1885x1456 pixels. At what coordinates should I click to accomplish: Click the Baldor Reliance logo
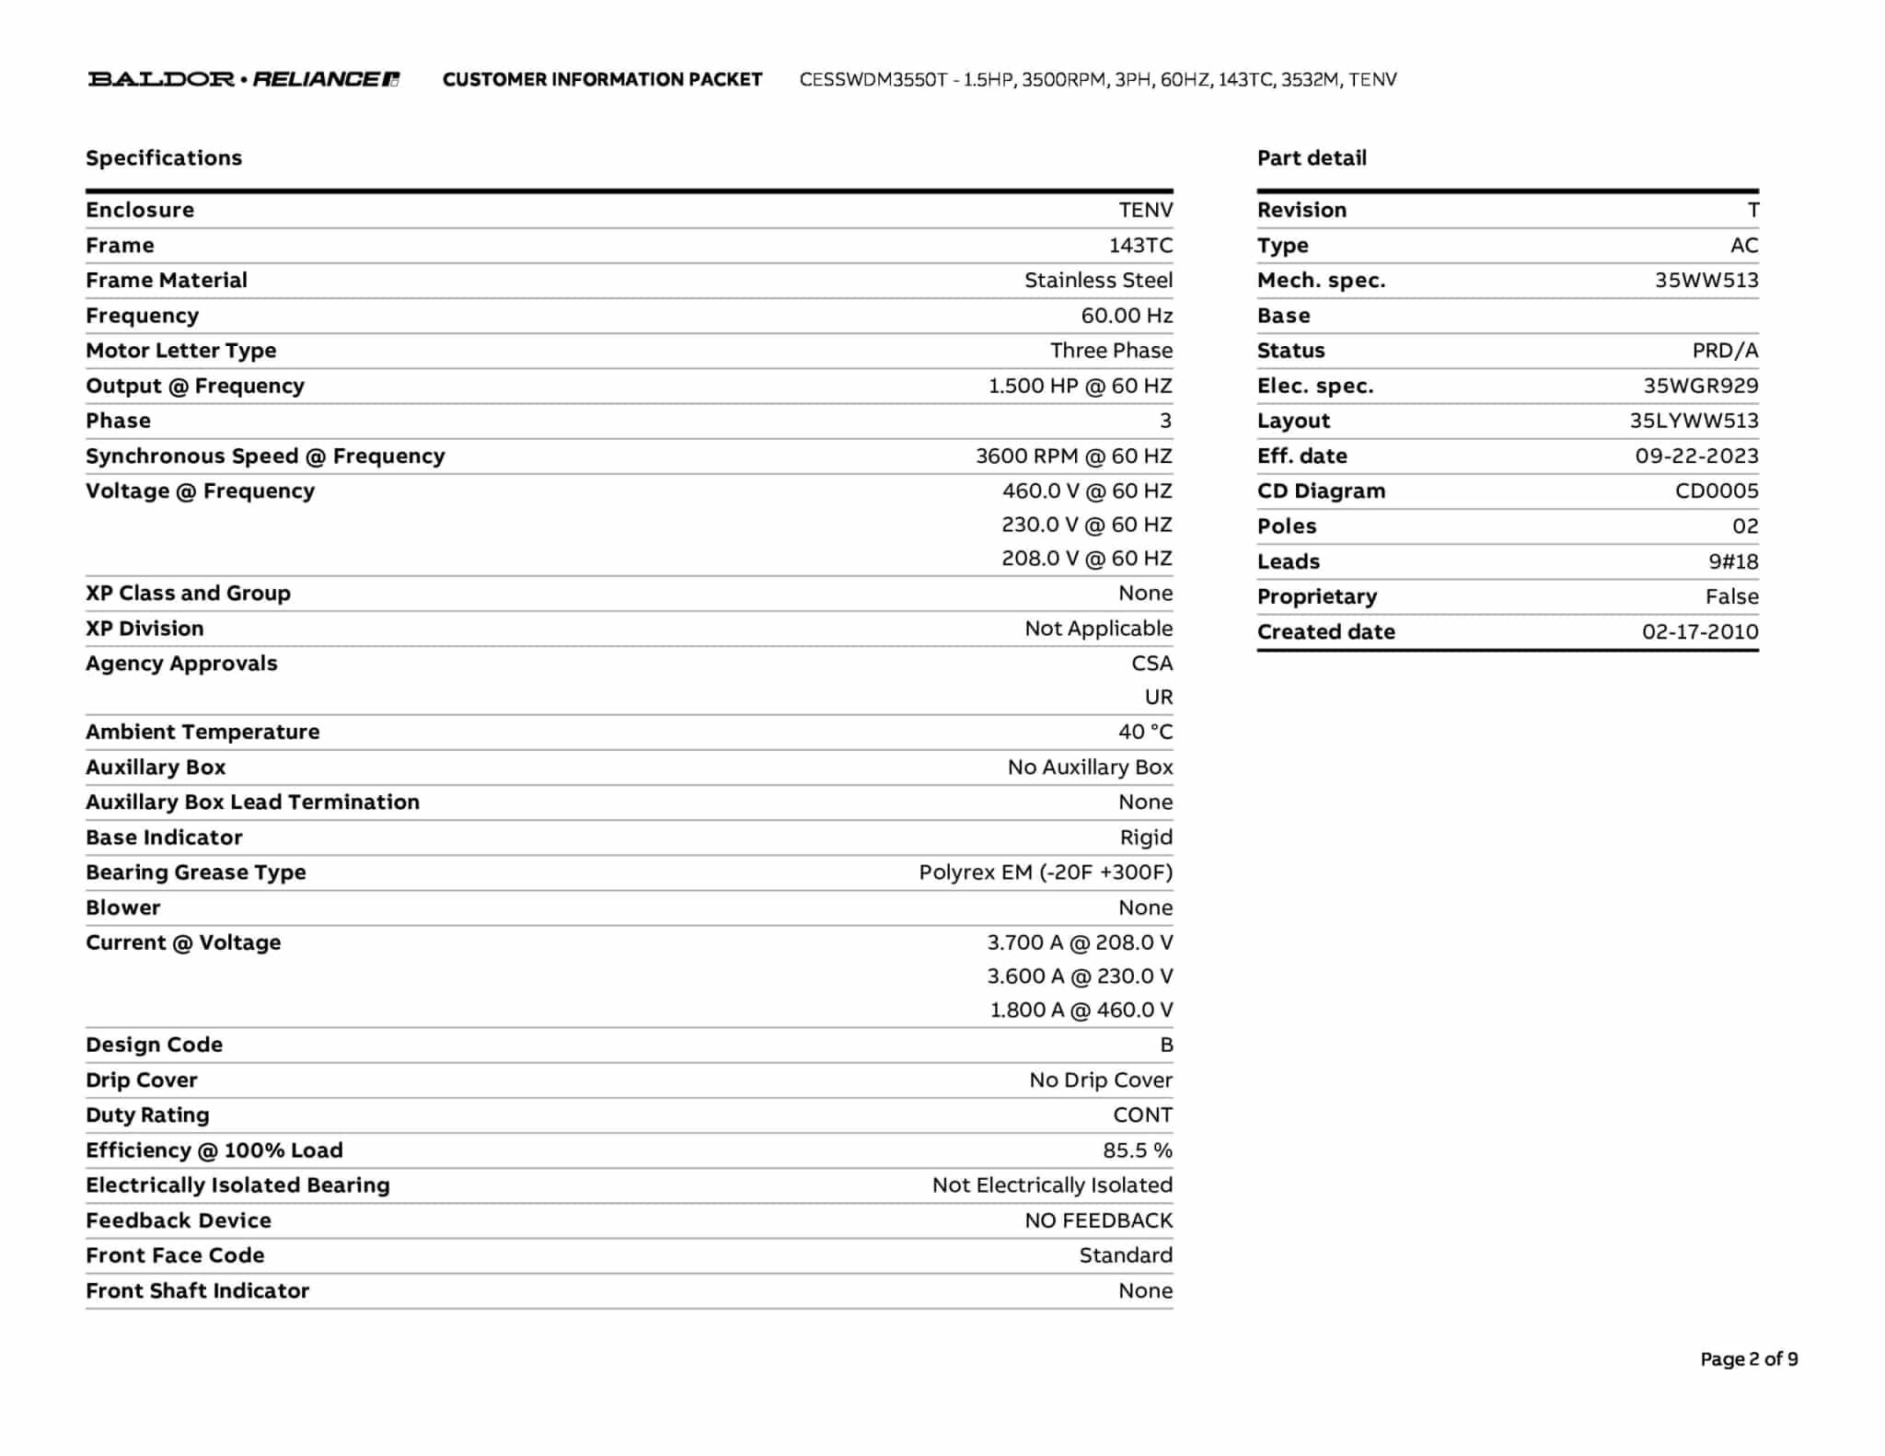[244, 79]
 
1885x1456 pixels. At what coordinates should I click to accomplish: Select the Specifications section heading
[164, 158]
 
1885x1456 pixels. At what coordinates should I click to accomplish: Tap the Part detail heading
[1312, 158]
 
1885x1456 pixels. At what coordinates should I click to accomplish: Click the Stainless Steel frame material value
[1098, 281]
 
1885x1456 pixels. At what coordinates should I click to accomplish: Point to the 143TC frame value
[1140, 246]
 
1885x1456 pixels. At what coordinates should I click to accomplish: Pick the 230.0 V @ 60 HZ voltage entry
[1087, 525]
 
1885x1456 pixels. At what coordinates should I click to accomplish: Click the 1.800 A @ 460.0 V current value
[1081, 1011]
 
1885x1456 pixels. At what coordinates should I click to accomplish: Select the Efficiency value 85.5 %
[1138, 1150]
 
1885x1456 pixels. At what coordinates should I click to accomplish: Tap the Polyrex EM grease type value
[1046, 872]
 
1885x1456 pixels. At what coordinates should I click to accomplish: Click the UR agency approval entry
[1159, 698]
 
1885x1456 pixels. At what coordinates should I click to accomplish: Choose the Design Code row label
[155, 1046]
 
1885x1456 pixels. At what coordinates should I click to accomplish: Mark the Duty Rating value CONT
[1142, 1115]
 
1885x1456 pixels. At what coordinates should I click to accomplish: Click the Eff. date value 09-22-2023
[1696, 456]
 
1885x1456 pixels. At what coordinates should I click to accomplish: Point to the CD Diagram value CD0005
[1717, 491]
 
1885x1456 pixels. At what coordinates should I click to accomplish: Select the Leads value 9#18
[1733, 561]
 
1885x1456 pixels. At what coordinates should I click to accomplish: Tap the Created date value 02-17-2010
[1700, 632]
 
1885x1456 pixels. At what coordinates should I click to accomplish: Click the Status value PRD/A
[1725, 351]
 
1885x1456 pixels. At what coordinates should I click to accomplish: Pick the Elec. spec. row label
[1315, 387]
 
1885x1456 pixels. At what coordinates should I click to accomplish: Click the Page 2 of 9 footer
[1749, 1359]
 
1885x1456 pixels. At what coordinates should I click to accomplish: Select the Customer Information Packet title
[602, 80]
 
